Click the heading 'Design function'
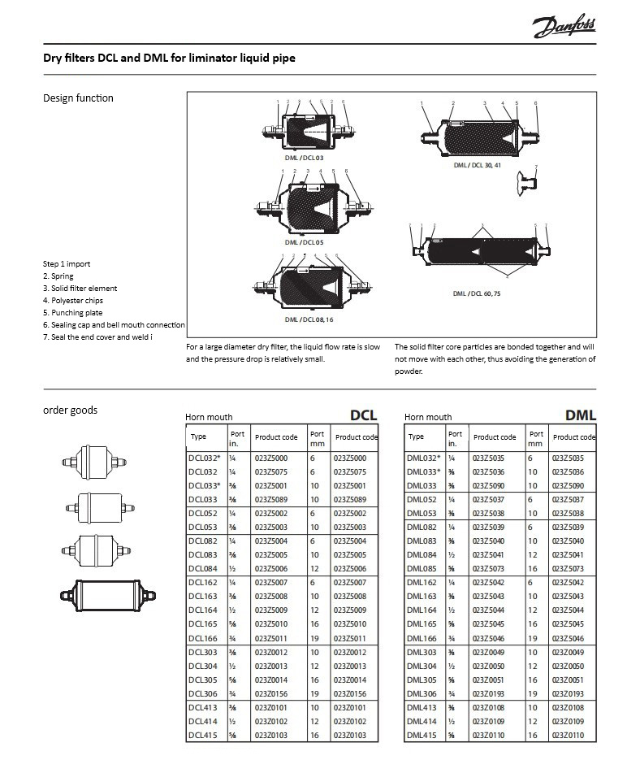pyautogui.click(x=78, y=98)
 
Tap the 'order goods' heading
pyautogui.click(x=70, y=410)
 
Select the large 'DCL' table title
pyautogui.click(x=363, y=415)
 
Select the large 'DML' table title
pyautogui.click(x=580, y=415)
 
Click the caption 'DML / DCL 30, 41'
pyautogui.click(x=478, y=165)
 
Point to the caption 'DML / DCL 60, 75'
pyautogui.click(x=477, y=293)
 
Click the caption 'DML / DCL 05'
pyautogui.click(x=304, y=242)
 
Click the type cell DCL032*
pyautogui.click(x=205, y=458)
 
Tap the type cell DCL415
pyautogui.click(x=202, y=735)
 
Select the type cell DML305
pyautogui.click(x=421, y=680)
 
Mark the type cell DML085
pyautogui.click(x=421, y=569)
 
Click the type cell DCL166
pyautogui.click(x=202, y=638)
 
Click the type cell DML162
pyautogui.click(x=421, y=583)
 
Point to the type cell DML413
pyautogui.click(x=421, y=707)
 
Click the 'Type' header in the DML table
pyautogui.click(x=416, y=436)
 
